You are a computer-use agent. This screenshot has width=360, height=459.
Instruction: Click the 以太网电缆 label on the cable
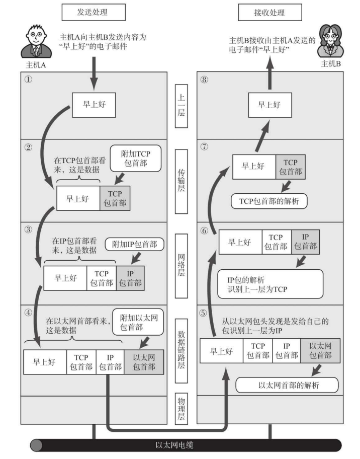tap(180, 445)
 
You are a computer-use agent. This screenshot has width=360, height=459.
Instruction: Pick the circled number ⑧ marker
tap(204, 81)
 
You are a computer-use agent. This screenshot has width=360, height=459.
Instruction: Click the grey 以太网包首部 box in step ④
tap(144, 361)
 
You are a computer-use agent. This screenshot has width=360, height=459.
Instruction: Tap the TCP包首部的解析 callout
tap(269, 201)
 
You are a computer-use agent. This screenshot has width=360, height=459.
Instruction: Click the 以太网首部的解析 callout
tap(287, 386)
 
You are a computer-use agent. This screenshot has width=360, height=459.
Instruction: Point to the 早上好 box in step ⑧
tap(268, 105)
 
